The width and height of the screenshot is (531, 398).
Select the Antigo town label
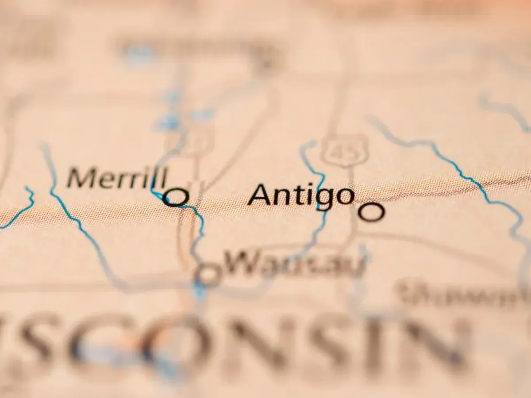tap(301, 195)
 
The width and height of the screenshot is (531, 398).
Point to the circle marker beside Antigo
tap(371, 212)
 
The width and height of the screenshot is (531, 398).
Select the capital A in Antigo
tap(262, 195)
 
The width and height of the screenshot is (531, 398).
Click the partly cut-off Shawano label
tap(465, 293)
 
